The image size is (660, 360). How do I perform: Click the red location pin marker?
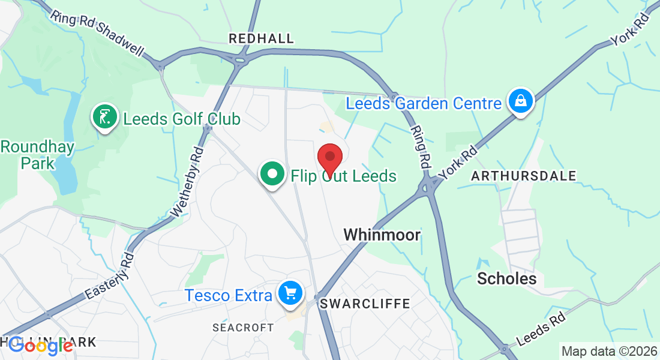(x=329, y=158)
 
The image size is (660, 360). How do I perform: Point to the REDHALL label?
(x=262, y=39)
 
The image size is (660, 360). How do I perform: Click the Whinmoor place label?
(x=382, y=235)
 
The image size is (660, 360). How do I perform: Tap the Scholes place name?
(x=506, y=278)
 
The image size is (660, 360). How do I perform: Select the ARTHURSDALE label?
(x=524, y=176)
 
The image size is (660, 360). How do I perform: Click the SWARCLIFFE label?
(x=365, y=304)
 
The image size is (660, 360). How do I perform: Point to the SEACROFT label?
(x=244, y=328)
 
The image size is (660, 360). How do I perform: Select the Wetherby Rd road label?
(x=188, y=181)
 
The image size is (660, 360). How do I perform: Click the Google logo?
(x=41, y=346)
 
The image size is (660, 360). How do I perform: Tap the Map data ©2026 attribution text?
(x=608, y=352)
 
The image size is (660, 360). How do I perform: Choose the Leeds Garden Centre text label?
(x=424, y=103)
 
